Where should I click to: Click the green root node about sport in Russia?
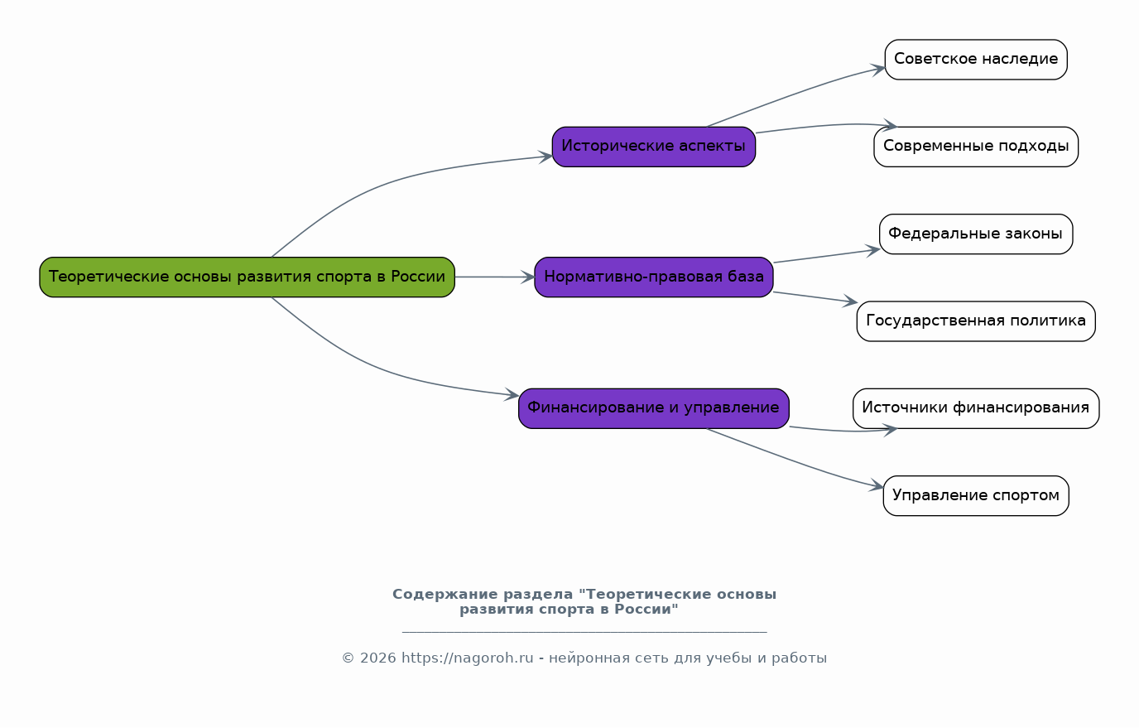click(x=247, y=277)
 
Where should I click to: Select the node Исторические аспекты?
click(x=653, y=147)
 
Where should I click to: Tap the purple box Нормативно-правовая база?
click(x=653, y=277)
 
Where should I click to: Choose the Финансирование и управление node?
click(x=653, y=407)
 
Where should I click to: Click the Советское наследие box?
click(x=975, y=60)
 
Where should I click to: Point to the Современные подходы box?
click(x=975, y=147)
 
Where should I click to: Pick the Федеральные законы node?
click(x=975, y=234)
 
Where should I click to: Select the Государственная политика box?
click(x=975, y=321)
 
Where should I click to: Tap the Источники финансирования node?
click(x=975, y=407)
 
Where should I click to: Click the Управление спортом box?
click(x=975, y=495)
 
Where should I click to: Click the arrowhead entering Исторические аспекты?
click(x=545, y=156)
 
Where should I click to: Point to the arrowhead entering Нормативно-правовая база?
click(x=528, y=277)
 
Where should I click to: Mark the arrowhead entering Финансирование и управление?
click(x=512, y=396)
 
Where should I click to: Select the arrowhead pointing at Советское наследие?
click(x=878, y=69)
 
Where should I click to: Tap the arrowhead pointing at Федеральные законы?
click(x=872, y=248)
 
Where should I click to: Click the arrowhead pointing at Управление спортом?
click(x=877, y=487)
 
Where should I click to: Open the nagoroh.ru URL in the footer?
click(x=467, y=658)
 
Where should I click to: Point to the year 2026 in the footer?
click(x=377, y=658)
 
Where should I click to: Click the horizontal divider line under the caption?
click(x=584, y=632)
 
